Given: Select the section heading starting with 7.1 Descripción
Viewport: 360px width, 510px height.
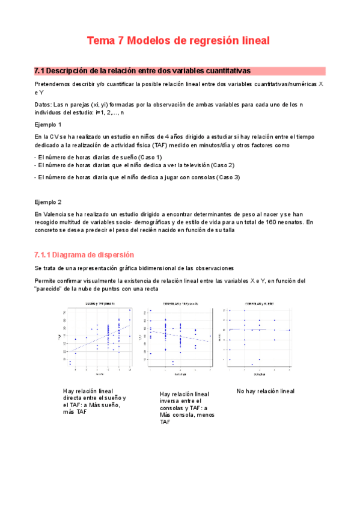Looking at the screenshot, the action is [142, 70].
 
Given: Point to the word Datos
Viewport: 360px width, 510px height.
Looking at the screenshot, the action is [43, 105].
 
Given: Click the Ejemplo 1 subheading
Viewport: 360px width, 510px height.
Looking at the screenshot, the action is [48, 124].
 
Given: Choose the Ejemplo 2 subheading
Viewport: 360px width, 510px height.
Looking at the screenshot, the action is [48, 201].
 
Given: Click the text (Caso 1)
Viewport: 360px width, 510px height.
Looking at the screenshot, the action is [145, 157].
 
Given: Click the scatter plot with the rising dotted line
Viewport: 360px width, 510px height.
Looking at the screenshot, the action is [99, 336].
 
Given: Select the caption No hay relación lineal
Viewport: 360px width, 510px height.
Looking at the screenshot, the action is [266, 391].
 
